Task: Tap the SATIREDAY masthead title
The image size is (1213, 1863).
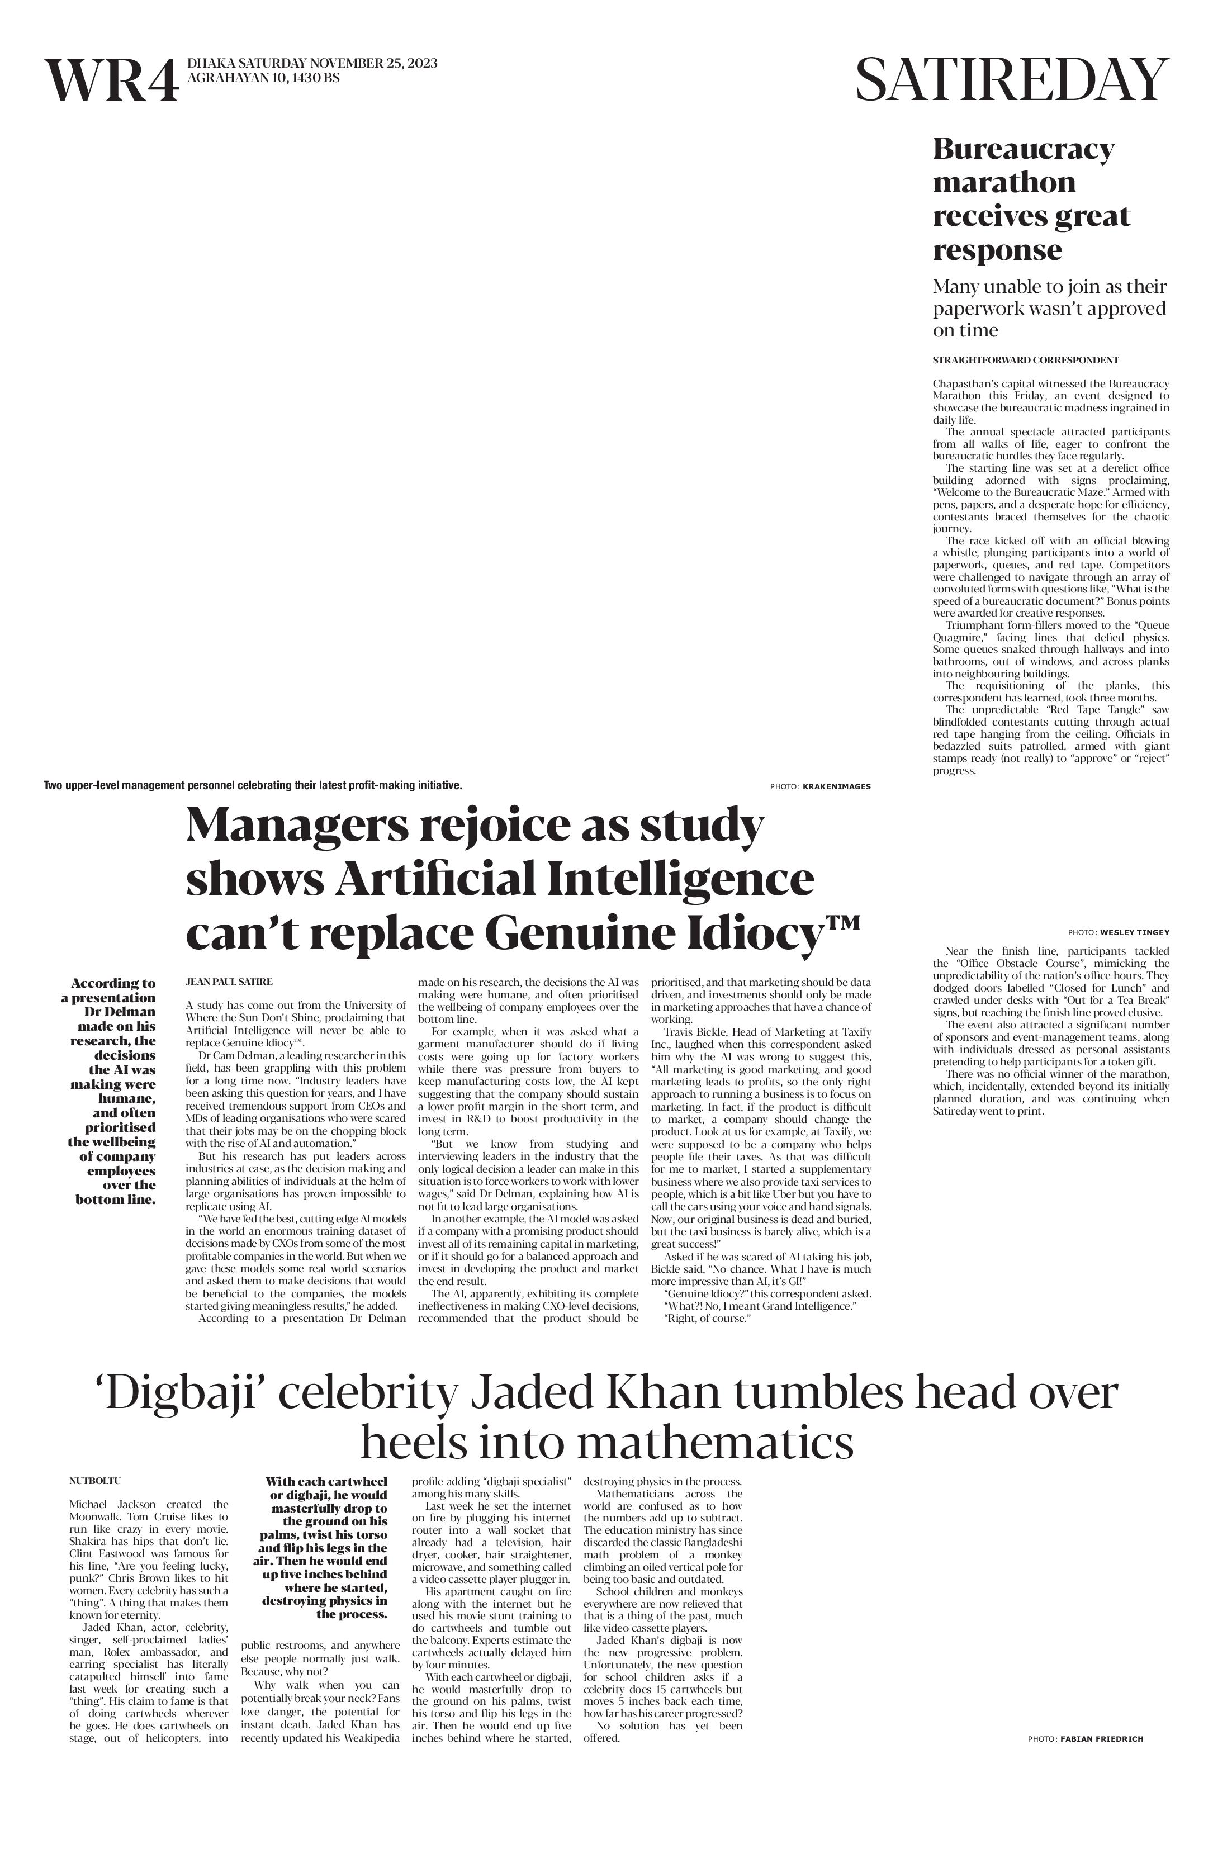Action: click(1012, 80)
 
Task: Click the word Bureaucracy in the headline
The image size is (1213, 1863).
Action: click(1023, 149)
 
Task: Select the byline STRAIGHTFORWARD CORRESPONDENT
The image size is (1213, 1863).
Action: click(1025, 360)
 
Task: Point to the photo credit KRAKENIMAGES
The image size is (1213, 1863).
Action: click(836, 786)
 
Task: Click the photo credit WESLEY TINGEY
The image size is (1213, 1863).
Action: click(1134, 932)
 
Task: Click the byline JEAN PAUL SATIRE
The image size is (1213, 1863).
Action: click(229, 981)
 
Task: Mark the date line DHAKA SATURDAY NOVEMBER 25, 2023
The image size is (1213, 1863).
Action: click(311, 63)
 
